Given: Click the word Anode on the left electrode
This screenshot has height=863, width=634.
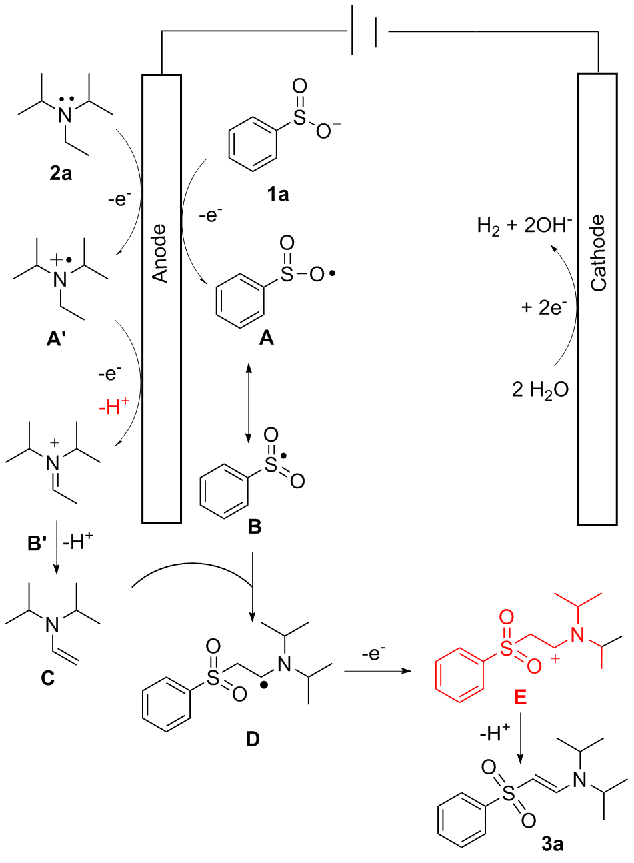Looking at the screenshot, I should tap(161, 253).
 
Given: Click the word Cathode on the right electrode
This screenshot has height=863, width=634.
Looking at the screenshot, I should tap(598, 253).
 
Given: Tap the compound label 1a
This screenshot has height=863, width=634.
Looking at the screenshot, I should tap(278, 195).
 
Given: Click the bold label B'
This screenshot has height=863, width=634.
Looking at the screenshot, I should tap(37, 544).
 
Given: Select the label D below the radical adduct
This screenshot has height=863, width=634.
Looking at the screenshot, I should tap(253, 739).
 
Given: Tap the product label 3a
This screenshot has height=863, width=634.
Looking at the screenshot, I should tap(552, 844).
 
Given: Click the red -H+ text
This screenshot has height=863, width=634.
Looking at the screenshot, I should tap(114, 406).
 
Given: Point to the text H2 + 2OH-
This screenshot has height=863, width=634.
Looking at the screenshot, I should tap(525, 226).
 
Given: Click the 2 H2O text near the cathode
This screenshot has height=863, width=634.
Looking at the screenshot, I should tap(541, 389).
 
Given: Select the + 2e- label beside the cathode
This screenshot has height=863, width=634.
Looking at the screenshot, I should tap(544, 307).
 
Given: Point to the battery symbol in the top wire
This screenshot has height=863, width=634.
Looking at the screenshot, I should tap(366, 31).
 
